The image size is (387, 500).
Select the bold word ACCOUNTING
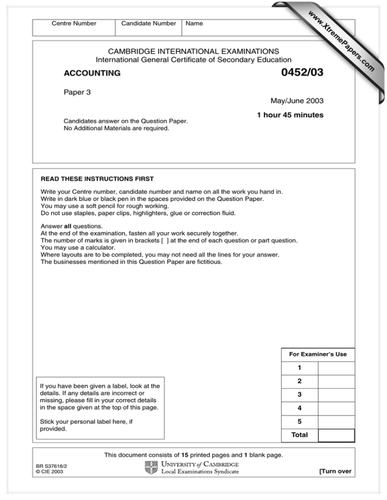(x=92, y=73)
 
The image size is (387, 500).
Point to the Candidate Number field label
(x=149, y=23)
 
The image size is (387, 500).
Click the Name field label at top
(x=194, y=23)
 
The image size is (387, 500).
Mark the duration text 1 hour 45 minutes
(x=290, y=115)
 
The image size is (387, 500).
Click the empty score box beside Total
(x=336, y=436)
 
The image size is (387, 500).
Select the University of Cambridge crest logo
(x=151, y=467)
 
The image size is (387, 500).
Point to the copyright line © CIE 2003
(x=53, y=472)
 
